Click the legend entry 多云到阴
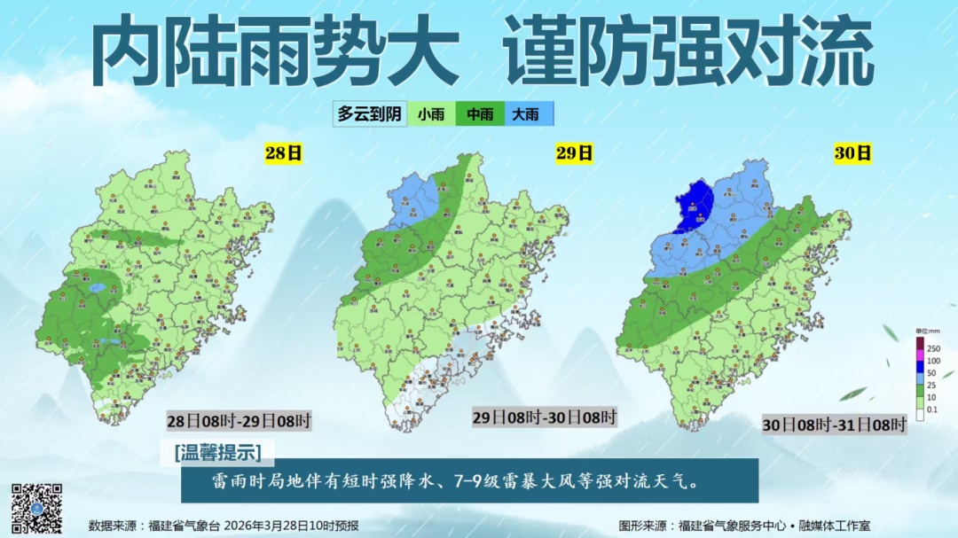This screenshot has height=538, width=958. tap(370, 113)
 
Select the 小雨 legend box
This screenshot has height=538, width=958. tap(431, 113)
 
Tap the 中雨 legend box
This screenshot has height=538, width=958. tap(480, 113)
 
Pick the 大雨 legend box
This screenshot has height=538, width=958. tap(527, 113)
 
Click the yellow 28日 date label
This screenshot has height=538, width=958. tap(284, 152)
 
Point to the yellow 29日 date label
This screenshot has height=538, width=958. tap(574, 152)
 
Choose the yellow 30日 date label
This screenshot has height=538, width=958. tap(852, 152)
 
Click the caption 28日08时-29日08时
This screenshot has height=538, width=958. tap(239, 420)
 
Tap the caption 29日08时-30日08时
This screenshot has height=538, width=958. tap(544, 417)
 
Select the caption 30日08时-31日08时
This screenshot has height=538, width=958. tap(835, 425)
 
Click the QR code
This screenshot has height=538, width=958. tap(36, 509)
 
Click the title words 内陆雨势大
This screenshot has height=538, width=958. tap(275, 53)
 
